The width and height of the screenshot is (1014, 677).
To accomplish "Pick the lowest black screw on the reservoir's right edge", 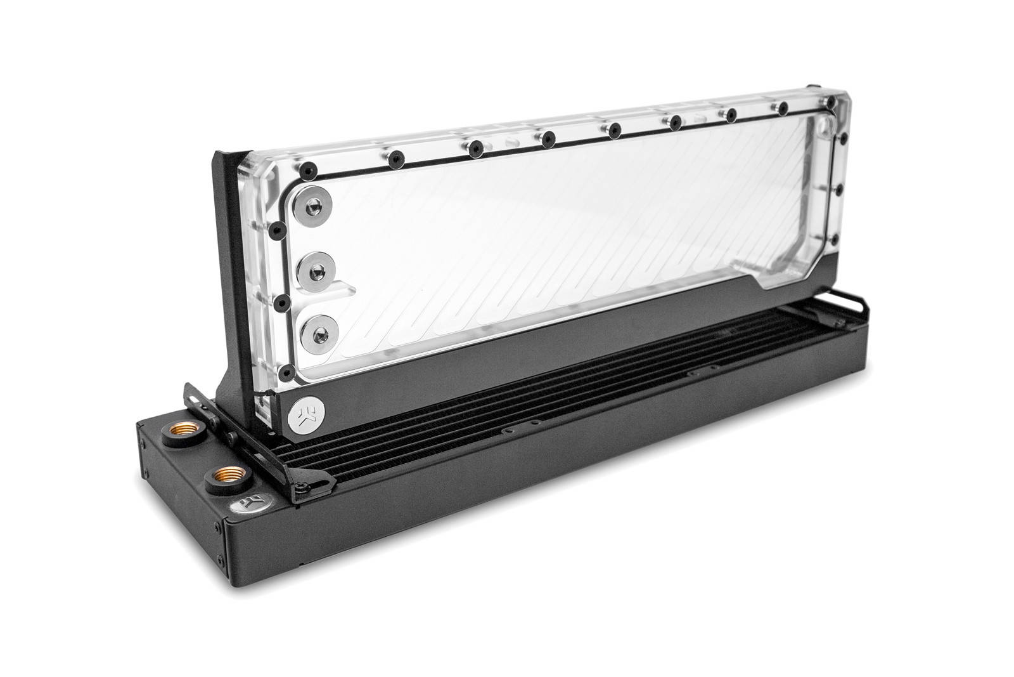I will point(836,239).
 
